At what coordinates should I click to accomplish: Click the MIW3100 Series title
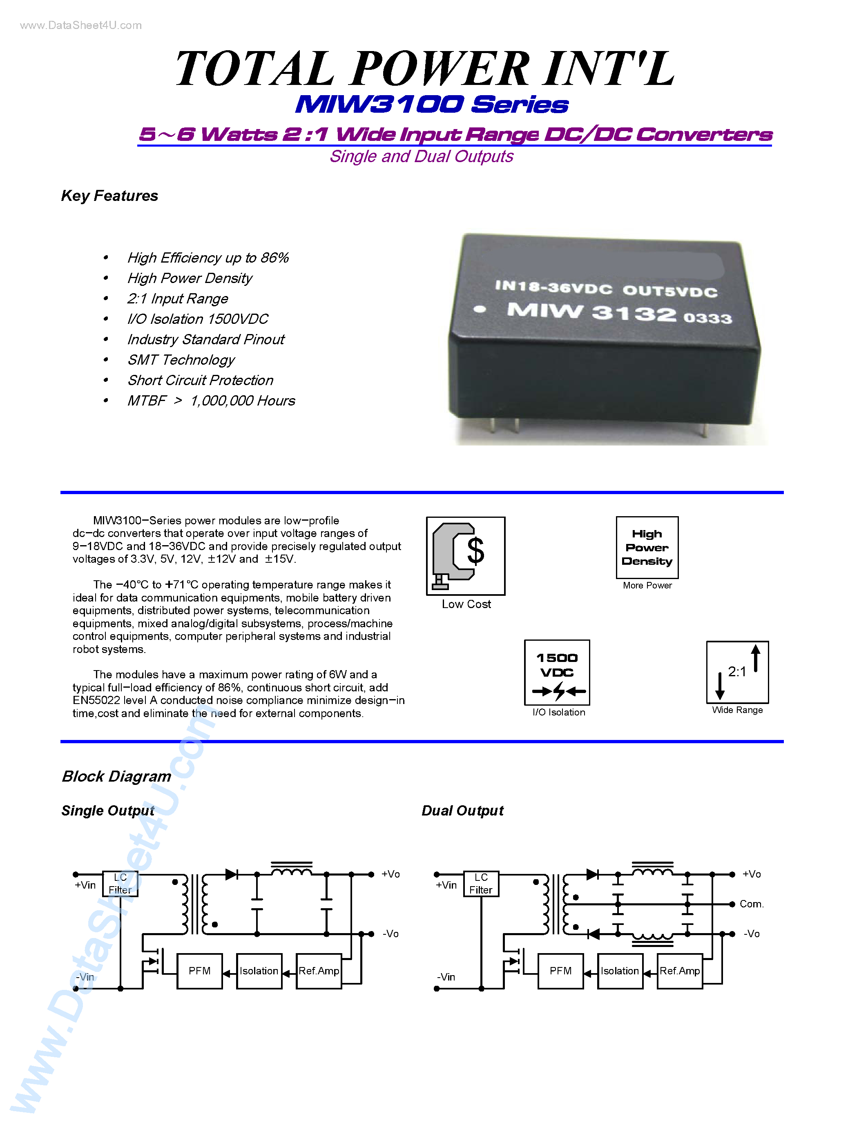(432, 105)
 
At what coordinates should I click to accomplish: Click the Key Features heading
(109, 196)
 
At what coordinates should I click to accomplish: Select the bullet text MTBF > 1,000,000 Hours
(211, 401)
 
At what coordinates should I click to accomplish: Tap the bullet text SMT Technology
(181, 360)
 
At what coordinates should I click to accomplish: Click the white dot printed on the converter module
(480, 309)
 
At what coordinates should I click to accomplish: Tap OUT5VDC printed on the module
(669, 291)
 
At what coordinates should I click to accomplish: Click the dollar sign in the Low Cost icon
(475, 551)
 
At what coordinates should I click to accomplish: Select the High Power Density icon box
(647, 548)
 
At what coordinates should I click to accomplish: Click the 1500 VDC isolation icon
(557, 673)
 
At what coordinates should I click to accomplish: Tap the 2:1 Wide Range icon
(737, 672)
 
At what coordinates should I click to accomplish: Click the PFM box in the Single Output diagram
(199, 971)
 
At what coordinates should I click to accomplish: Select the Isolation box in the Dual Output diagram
(620, 971)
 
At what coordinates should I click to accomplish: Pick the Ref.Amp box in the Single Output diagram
(319, 971)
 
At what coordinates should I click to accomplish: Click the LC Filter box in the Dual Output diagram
(481, 883)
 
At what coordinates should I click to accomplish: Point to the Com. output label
(751, 904)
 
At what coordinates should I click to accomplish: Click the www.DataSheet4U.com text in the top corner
(81, 25)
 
